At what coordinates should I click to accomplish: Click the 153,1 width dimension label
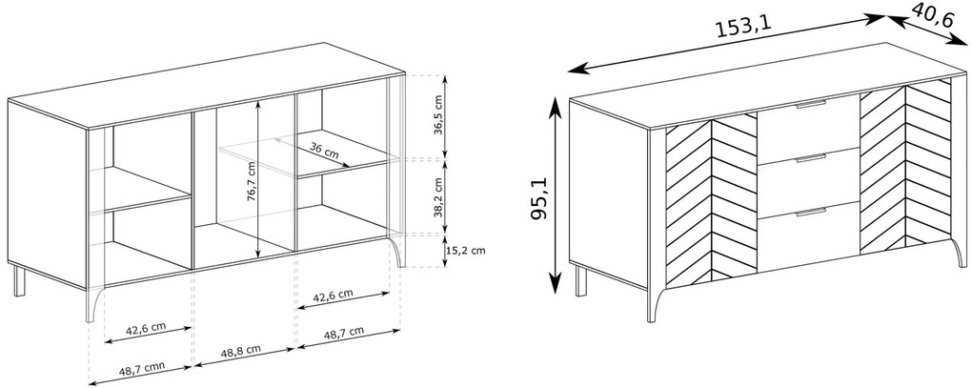pos(743,27)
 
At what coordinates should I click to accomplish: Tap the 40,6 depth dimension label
pos(932,15)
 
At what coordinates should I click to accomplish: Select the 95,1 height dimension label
pos(540,197)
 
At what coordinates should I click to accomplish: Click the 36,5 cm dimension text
pos(439,114)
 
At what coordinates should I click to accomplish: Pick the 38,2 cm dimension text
pos(439,197)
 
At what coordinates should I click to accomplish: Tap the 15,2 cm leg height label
pos(465,251)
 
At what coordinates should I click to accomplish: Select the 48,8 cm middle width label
pos(240,351)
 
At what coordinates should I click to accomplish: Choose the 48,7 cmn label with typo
pos(142,368)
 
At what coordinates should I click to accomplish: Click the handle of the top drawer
pos(811,104)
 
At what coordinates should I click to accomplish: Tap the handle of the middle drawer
pos(811,158)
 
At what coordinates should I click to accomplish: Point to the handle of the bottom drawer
pos(811,213)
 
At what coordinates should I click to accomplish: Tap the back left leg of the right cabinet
pos(581,280)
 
